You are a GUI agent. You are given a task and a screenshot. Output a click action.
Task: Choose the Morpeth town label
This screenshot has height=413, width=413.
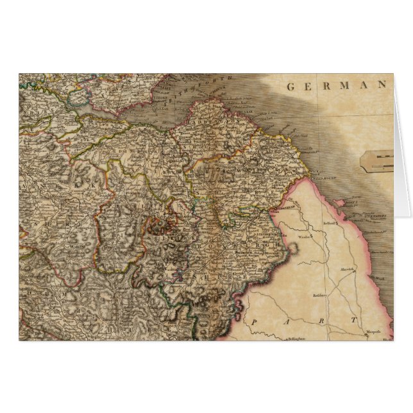pos(373,332)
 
